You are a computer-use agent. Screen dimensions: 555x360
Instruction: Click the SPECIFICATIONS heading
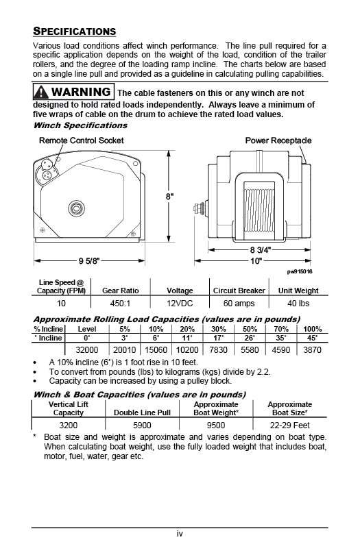(x=75, y=32)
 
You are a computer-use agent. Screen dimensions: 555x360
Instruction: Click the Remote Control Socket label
(x=81, y=140)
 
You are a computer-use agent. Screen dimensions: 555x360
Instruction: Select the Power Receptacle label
(x=278, y=140)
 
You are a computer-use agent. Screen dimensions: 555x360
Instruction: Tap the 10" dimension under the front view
(x=256, y=260)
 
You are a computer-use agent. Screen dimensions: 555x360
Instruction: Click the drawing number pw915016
(x=300, y=271)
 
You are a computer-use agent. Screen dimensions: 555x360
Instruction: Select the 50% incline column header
(x=250, y=329)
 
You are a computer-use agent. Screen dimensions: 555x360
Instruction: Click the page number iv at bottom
(x=180, y=534)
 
